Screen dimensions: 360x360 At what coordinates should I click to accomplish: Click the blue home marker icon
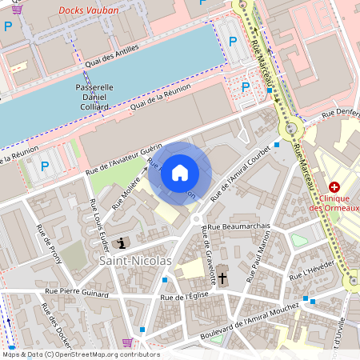[x=180, y=173]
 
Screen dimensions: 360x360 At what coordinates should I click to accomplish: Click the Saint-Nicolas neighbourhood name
[x=134, y=262]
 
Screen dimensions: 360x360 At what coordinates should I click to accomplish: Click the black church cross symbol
[x=222, y=278]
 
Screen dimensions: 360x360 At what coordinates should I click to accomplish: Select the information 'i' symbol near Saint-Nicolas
[x=121, y=242]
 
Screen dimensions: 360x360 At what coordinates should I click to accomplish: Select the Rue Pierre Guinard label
[x=77, y=292]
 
